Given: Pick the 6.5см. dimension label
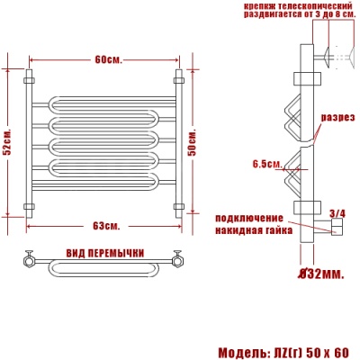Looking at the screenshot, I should tap(268, 164).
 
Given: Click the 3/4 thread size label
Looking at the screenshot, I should tap(337, 213).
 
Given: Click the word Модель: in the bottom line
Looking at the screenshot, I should tap(247, 350).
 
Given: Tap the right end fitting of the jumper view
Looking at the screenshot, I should tap(179, 262).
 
